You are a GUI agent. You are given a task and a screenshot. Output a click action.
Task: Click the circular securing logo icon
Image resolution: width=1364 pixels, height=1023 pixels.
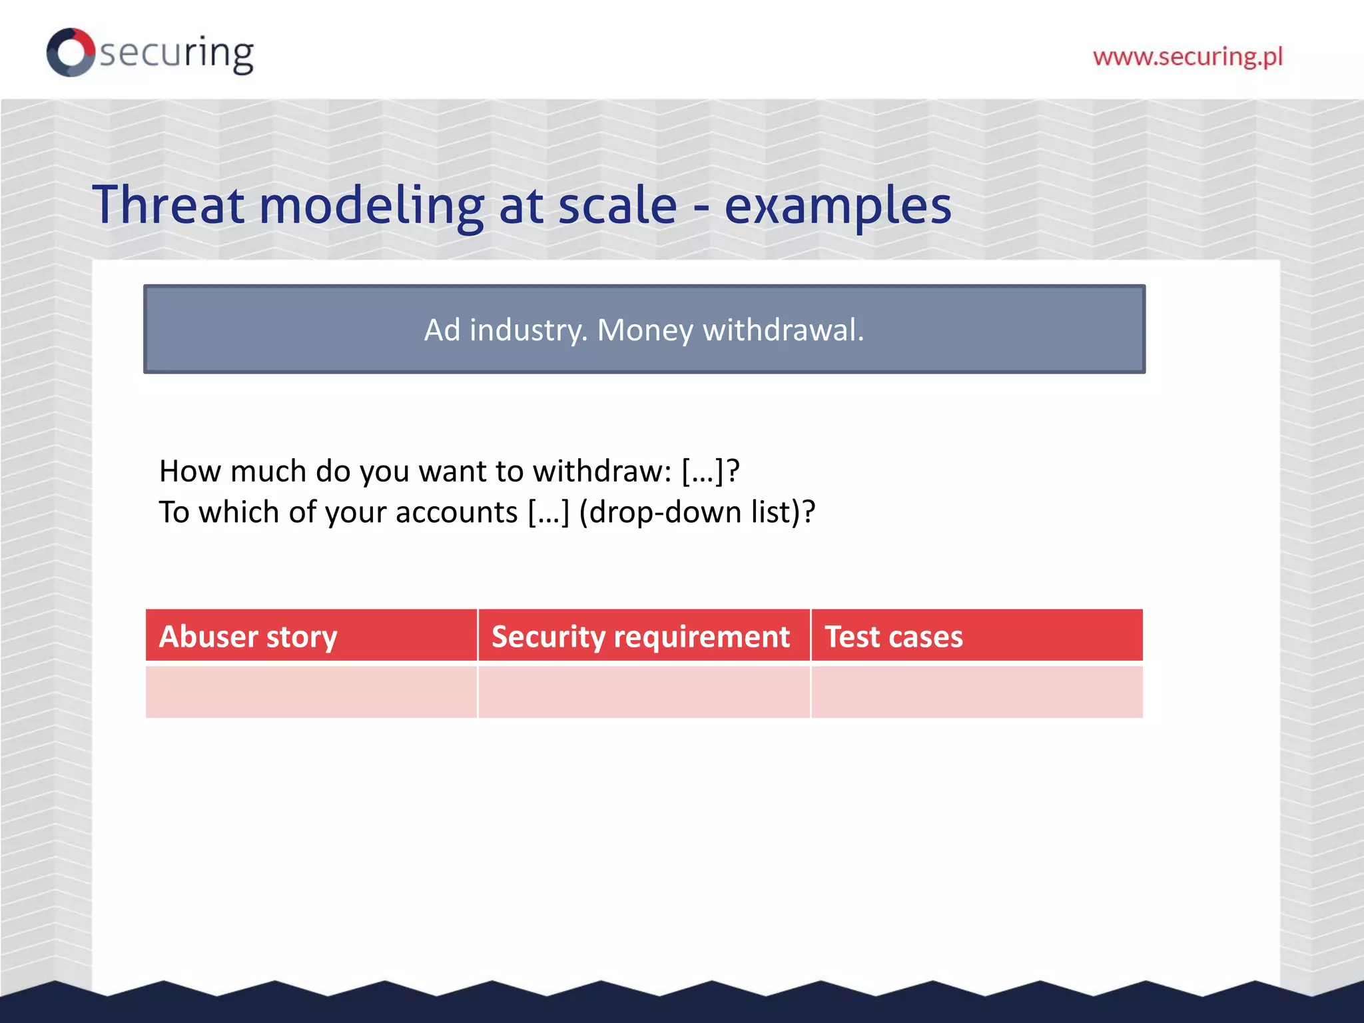coord(70,52)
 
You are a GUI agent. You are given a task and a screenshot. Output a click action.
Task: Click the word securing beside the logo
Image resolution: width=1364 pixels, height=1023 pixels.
coord(176,53)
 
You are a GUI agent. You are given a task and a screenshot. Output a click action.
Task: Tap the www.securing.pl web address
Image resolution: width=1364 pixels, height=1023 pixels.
coord(1188,57)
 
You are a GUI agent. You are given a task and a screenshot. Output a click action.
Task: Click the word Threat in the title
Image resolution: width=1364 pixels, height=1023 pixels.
coord(168,205)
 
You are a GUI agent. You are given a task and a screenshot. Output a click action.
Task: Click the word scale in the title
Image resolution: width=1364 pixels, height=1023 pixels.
coord(617,205)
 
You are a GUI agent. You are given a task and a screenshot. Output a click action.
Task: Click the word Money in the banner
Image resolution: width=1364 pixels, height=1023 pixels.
coord(645,330)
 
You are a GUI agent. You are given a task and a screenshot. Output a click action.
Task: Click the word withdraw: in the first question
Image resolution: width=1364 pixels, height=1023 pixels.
coord(602,472)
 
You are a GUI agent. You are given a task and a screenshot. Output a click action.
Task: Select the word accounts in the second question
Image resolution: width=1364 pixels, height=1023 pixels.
coord(456,513)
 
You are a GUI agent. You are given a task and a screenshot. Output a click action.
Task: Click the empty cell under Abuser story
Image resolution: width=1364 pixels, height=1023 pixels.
coord(311,691)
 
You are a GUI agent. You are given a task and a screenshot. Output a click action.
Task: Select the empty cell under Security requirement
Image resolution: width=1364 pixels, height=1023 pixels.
coord(643,691)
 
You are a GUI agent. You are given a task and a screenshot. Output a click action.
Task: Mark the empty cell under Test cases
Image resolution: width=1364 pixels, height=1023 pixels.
coord(976,691)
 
